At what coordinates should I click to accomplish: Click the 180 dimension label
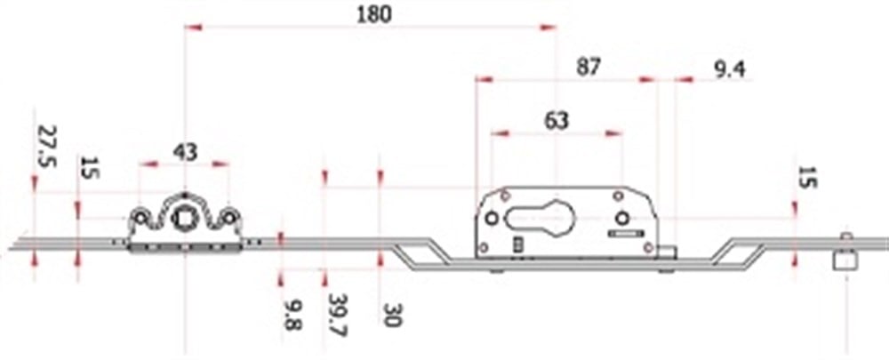(x=372, y=14)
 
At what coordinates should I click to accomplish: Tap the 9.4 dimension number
(x=730, y=68)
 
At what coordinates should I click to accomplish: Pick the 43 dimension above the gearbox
(x=184, y=152)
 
